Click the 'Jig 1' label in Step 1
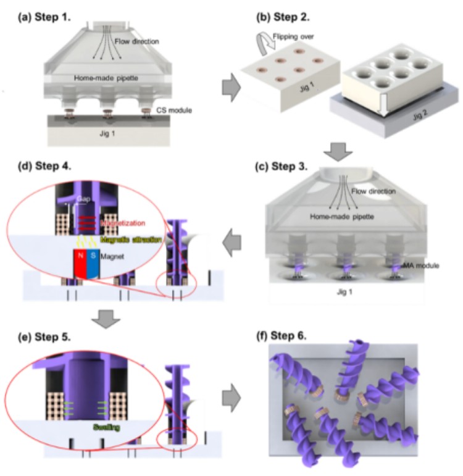113,134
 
